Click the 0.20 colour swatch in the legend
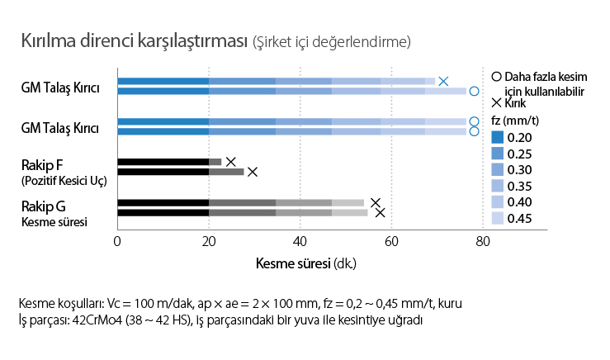(497, 138)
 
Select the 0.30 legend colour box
(497, 170)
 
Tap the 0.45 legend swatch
(497, 219)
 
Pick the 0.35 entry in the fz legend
(497, 187)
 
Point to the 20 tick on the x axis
(209, 242)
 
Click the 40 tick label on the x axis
(300, 242)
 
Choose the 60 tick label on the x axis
(392, 242)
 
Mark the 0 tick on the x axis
(117, 242)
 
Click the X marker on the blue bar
(443, 81)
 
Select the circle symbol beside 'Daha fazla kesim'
(496, 76)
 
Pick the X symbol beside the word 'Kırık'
(496, 103)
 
